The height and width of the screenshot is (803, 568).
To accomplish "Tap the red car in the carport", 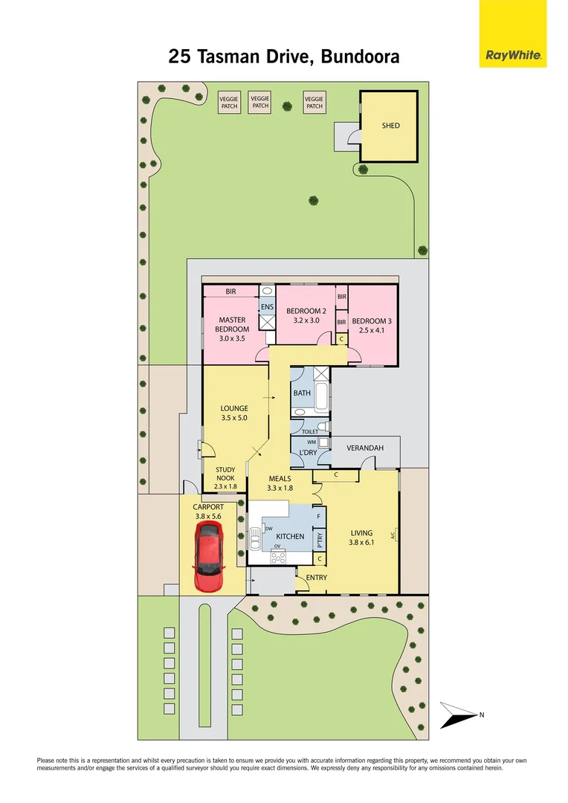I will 208,556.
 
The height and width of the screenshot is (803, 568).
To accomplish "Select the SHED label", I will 390,126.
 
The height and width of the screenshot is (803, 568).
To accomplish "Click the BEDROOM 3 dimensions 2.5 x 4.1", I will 372,330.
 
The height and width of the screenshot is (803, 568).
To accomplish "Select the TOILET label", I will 309,431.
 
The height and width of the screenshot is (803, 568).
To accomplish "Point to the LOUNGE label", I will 233,408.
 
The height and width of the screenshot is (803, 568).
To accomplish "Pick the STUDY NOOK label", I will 225,474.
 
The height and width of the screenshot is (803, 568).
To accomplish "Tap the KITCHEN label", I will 290,536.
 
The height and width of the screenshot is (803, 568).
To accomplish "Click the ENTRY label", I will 316,577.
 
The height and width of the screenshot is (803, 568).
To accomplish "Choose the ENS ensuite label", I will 266,306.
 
